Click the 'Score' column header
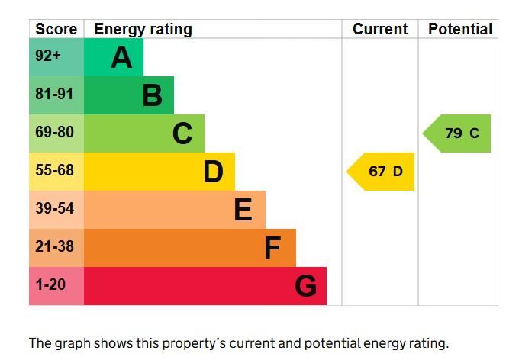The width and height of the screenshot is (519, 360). pos(56,29)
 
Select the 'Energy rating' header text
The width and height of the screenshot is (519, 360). pos(143,29)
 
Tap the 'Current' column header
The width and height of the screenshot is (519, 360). pos(380,29)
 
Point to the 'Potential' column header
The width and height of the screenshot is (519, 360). pos(459,29)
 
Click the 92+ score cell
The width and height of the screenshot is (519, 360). pos(48,57)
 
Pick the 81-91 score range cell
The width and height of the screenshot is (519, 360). pos(54,95)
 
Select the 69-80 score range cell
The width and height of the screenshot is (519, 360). pos(54,133)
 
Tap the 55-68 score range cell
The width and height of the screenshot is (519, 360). pos(54,171)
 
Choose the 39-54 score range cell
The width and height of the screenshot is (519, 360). pos(54,209)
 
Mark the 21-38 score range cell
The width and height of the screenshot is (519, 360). pos(54,247)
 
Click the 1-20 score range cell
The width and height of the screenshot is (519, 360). pos(50,285)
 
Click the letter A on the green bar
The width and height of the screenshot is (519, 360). pos(121,57)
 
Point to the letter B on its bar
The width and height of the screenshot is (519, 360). pos(152,95)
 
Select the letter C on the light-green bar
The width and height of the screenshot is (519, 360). pos(182,133)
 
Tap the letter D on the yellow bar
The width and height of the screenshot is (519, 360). pos(213,172)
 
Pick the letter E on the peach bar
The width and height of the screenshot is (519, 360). pos(243,210)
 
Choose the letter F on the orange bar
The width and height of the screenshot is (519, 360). pos(272,248)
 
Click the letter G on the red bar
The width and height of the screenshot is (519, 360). pos(305,286)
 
